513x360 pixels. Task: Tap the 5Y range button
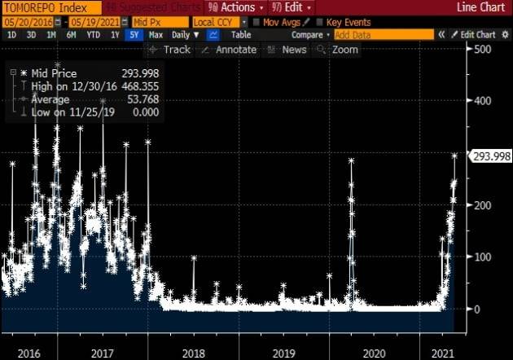point(134,35)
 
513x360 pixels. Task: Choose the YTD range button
point(94,35)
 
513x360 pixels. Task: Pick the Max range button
point(156,35)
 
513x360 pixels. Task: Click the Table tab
point(241,35)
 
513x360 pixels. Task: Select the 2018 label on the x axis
point(192,353)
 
